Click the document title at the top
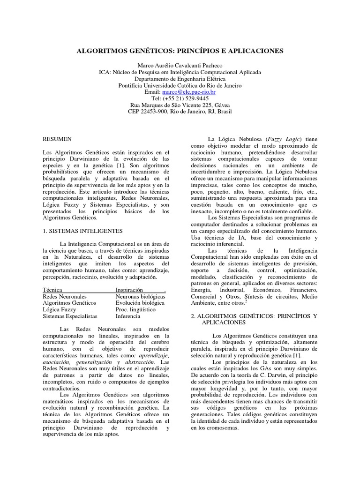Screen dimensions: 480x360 [x=180, y=51]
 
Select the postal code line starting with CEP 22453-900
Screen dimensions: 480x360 [x=180, y=112]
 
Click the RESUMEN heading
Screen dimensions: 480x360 [x=57, y=139]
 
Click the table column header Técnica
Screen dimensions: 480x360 [x=52, y=290]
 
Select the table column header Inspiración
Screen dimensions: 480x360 [x=133, y=290]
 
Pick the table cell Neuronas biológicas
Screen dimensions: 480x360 [x=140, y=297]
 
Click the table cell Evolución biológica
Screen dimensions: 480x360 [x=140, y=303]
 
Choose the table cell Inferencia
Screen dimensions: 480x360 [x=128, y=316]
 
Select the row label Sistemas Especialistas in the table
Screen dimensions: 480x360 [x=70, y=316]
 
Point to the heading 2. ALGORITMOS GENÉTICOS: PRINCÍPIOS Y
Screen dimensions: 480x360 [x=255, y=316]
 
